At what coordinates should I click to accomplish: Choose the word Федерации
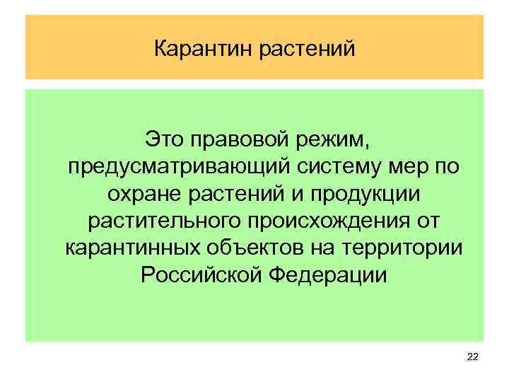coord(321,275)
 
